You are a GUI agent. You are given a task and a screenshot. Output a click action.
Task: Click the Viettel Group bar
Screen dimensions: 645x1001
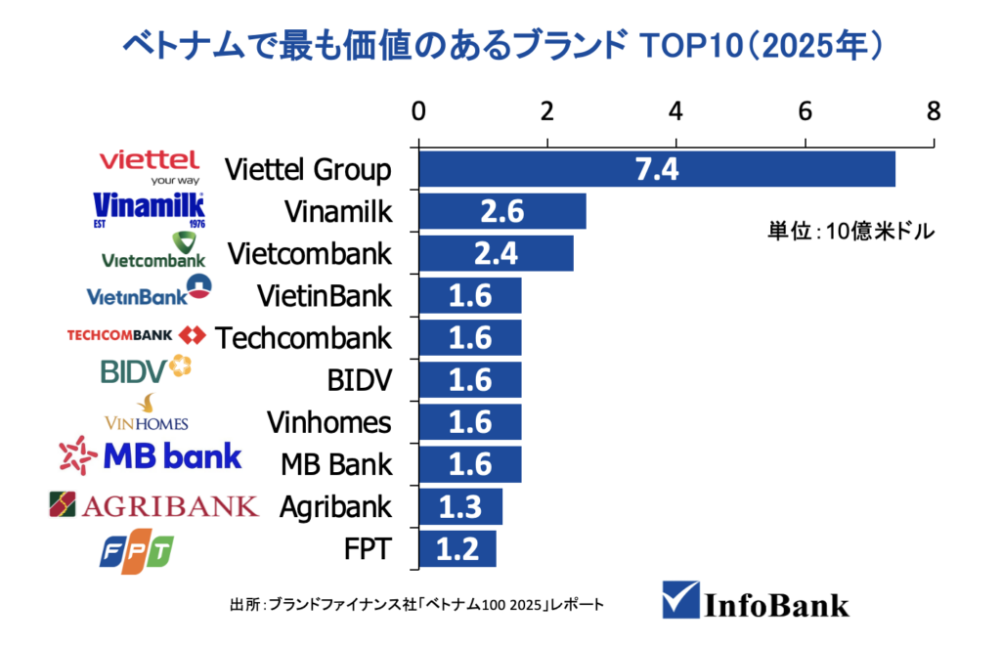[657, 169]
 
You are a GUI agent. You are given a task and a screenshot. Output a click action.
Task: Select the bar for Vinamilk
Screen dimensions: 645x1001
[502, 211]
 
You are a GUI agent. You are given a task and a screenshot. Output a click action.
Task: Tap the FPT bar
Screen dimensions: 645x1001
[457, 549]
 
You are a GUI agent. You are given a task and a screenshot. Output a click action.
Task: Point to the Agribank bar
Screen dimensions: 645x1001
[460, 507]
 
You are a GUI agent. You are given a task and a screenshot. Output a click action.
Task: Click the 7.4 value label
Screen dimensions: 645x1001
[657, 169]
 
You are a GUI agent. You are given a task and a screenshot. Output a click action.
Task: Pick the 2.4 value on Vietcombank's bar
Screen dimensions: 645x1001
[496, 254]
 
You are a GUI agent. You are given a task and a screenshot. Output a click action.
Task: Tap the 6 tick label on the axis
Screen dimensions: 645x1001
[805, 110]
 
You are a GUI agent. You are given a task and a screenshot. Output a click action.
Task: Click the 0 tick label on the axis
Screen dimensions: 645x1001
[418, 110]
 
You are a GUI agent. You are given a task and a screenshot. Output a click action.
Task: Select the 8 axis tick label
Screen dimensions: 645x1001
[934, 110]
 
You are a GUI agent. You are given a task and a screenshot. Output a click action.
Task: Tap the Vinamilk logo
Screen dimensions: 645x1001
[149, 210]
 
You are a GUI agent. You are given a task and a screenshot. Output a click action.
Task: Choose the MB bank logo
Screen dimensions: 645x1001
[151, 454]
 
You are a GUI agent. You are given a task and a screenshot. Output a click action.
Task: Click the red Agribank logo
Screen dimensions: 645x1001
[153, 505]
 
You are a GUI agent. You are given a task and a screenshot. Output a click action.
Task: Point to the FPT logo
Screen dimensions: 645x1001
[137, 551]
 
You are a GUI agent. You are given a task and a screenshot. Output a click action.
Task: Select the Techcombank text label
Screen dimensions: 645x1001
[303, 338]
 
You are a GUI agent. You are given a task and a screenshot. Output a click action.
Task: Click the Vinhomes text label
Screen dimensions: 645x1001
[328, 422]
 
